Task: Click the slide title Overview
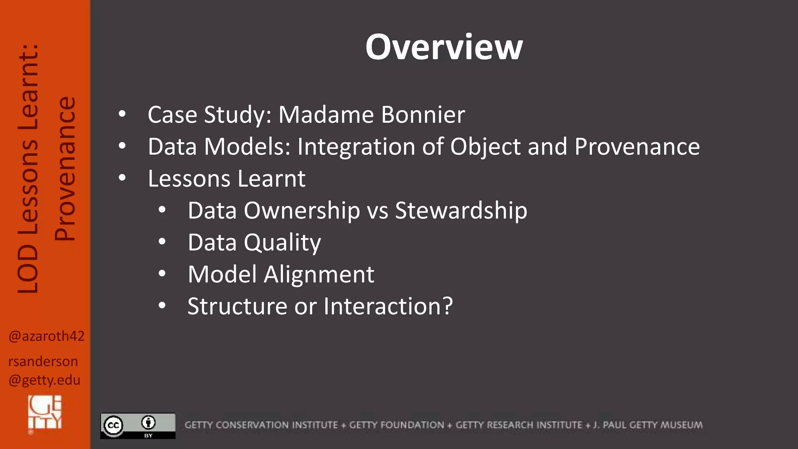coord(444,47)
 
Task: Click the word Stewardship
coord(461,210)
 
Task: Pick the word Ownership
coord(302,210)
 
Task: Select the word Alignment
coord(319,274)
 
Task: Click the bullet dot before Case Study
coord(122,114)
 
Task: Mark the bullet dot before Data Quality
coord(162,242)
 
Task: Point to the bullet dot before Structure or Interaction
coord(162,306)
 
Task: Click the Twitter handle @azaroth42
coord(46,336)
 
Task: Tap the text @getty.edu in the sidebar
coord(44,380)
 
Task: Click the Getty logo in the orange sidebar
coord(45,412)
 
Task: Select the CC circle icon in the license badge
coord(113,425)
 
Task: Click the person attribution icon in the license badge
coord(148,422)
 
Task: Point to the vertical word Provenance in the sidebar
coord(65,168)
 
